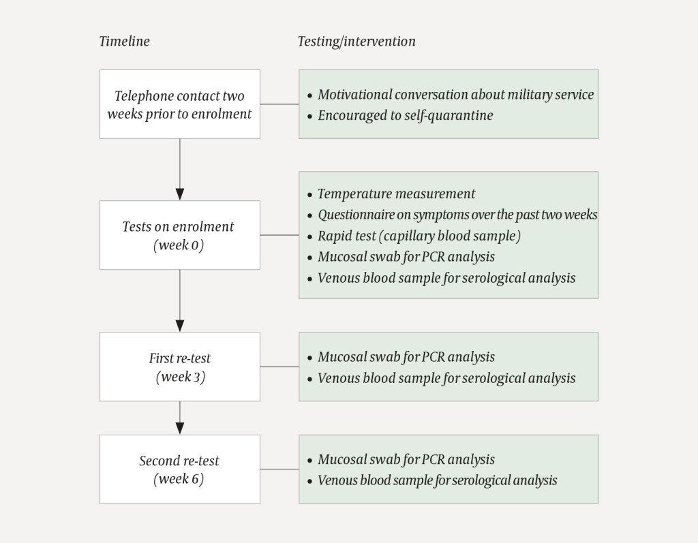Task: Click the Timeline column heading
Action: (x=124, y=42)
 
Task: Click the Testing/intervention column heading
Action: (x=356, y=42)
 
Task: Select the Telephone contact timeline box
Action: (x=179, y=104)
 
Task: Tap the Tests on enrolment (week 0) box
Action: (x=179, y=235)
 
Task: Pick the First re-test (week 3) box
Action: (x=179, y=367)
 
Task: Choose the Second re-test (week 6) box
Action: (x=179, y=469)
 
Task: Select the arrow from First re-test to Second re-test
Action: (x=180, y=417)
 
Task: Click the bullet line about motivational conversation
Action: (x=455, y=95)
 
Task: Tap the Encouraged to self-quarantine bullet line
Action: (x=405, y=115)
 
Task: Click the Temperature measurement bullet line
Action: (x=396, y=194)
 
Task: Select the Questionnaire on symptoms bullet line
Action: (x=457, y=215)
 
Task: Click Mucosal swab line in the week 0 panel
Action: (x=406, y=257)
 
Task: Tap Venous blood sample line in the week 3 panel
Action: (x=446, y=378)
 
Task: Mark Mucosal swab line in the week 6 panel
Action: (x=406, y=460)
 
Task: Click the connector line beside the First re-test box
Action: (x=279, y=367)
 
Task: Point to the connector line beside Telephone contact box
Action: (x=279, y=104)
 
